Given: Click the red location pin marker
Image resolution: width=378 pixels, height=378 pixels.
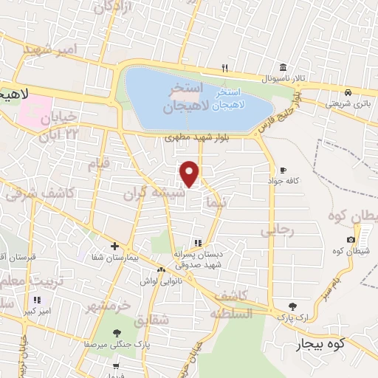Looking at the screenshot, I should [x=190, y=173].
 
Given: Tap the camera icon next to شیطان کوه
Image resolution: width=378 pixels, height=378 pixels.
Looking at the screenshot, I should [x=351, y=239].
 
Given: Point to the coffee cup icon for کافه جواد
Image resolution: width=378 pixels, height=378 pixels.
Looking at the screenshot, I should [x=283, y=170].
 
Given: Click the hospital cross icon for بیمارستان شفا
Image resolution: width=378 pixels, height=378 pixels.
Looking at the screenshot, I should [x=114, y=246].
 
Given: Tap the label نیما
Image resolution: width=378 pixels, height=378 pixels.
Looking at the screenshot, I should [x=216, y=202].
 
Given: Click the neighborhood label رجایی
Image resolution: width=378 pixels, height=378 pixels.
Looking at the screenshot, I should [x=277, y=230].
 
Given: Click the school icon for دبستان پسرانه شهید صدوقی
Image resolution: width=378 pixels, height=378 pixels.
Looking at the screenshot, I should [x=197, y=242].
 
